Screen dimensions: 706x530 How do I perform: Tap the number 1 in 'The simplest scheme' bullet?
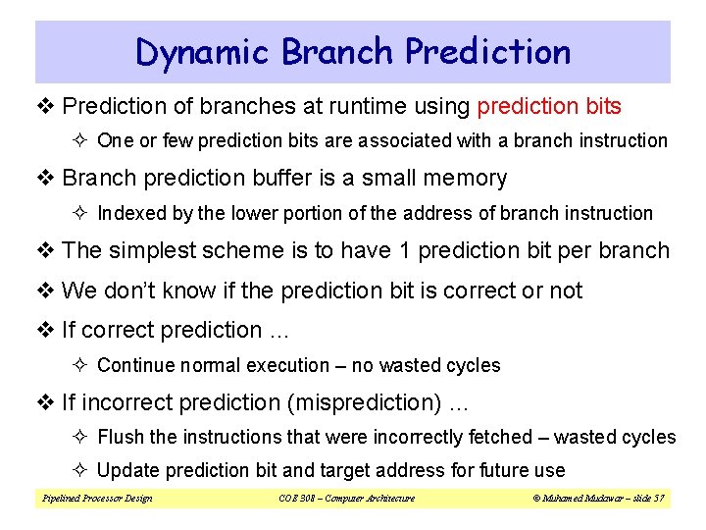click(x=405, y=250)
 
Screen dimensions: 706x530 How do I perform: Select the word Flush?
click(x=121, y=437)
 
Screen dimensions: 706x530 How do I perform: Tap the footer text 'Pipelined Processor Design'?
click(x=97, y=499)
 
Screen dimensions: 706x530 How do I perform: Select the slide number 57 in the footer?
click(x=658, y=499)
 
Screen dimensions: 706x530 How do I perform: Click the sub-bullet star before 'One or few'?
click(x=82, y=140)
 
